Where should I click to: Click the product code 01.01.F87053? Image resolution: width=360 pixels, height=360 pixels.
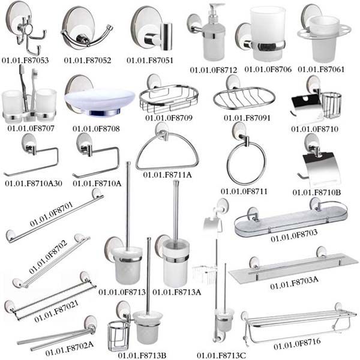(x=26, y=61)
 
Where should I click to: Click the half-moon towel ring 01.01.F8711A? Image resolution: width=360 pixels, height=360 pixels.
(x=166, y=154)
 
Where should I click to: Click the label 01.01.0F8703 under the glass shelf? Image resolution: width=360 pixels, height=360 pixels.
(x=294, y=238)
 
